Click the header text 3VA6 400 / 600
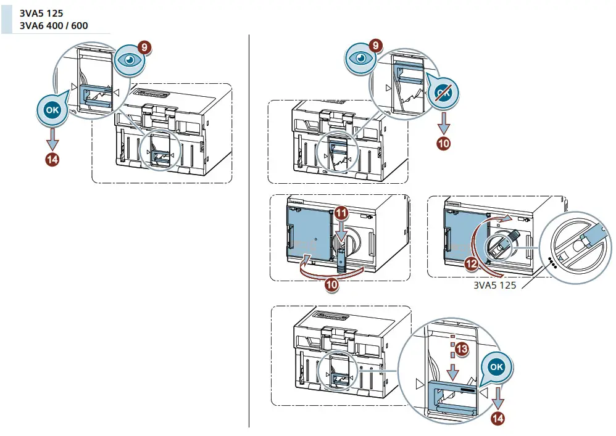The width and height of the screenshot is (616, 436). (54, 25)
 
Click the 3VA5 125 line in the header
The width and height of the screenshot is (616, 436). (41, 12)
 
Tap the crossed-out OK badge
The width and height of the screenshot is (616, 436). (443, 93)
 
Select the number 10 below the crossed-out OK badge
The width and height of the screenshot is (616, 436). (443, 144)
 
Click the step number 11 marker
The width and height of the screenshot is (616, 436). (342, 213)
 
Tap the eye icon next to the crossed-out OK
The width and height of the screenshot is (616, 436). (362, 57)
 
